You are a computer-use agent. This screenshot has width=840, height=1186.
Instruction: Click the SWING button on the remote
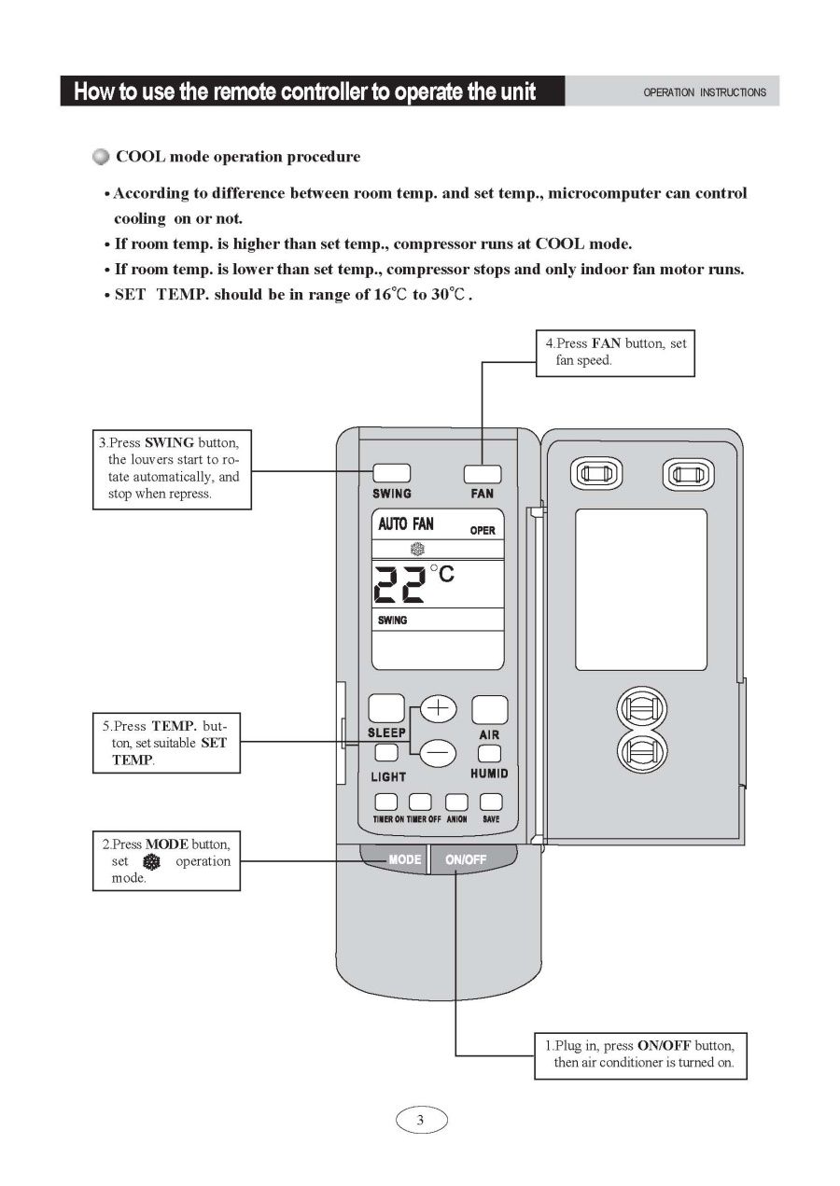pyautogui.click(x=391, y=473)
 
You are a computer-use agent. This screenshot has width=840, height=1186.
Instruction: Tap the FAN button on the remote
pyautogui.click(x=482, y=473)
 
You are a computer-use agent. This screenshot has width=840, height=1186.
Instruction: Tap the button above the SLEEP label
pyautogui.click(x=385, y=709)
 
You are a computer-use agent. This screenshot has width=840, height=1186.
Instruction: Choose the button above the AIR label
pyautogui.click(x=489, y=710)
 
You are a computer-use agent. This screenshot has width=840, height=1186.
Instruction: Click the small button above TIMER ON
pyautogui.click(x=385, y=802)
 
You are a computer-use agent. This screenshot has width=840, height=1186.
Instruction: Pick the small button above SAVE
pyautogui.click(x=491, y=802)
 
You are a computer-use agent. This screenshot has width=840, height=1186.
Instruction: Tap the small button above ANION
pyautogui.click(x=455, y=802)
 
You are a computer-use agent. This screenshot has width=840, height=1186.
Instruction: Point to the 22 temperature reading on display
pyautogui.click(x=399, y=584)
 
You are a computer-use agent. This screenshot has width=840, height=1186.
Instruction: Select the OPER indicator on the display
pyautogui.click(x=483, y=530)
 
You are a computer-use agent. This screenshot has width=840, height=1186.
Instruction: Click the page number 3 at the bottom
pyautogui.click(x=421, y=1120)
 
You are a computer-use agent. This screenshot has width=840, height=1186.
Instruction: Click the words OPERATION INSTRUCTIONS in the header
pyautogui.click(x=705, y=92)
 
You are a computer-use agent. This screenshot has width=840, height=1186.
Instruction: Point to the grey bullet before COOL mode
pyautogui.click(x=101, y=157)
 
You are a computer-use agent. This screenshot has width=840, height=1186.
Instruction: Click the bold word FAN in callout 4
pyautogui.click(x=606, y=343)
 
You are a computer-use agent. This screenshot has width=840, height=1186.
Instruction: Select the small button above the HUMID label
pyautogui.click(x=489, y=752)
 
